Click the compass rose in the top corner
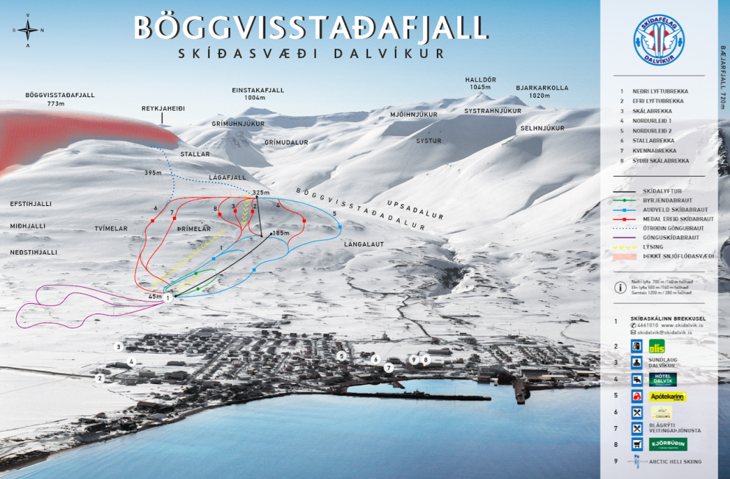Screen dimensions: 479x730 click(28, 30)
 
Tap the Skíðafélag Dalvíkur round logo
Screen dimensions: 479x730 click(658, 41)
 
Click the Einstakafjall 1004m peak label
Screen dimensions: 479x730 click(258, 93)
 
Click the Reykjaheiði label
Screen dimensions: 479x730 click(163, 108)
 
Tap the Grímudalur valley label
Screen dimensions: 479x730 click(286, 142)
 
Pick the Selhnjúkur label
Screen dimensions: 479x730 click(542, 128)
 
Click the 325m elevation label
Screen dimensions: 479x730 click(261, 193)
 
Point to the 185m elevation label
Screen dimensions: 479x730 click(280, 233)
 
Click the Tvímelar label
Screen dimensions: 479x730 click(111, 229)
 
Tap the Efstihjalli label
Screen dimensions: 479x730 click(31, 204)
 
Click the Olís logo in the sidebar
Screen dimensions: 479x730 click(656, 347)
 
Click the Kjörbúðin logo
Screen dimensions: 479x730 click(667, 444)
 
